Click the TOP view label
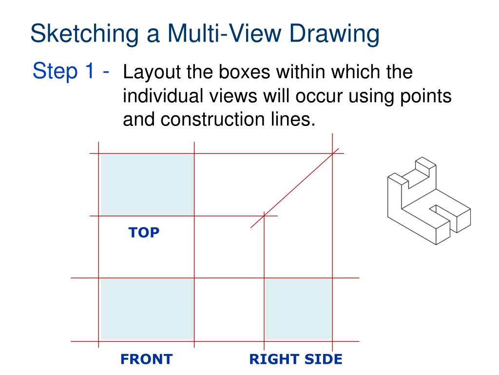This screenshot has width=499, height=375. pos(144,232)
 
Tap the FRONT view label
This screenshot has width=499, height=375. pos(146,359)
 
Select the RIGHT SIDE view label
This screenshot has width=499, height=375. pos(296,359)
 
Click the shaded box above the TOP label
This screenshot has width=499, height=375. pos(147,185)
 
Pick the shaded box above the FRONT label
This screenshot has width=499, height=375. pos(147,309)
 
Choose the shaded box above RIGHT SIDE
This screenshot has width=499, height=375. pos(299,309)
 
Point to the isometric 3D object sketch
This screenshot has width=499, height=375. pos(429,201)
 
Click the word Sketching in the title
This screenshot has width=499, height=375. pos(85,34)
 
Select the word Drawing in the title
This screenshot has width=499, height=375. pos(334,34)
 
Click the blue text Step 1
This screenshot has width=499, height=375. pos(64,70)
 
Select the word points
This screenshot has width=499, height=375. pos(425,96)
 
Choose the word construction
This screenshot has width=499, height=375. pos(212,120)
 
